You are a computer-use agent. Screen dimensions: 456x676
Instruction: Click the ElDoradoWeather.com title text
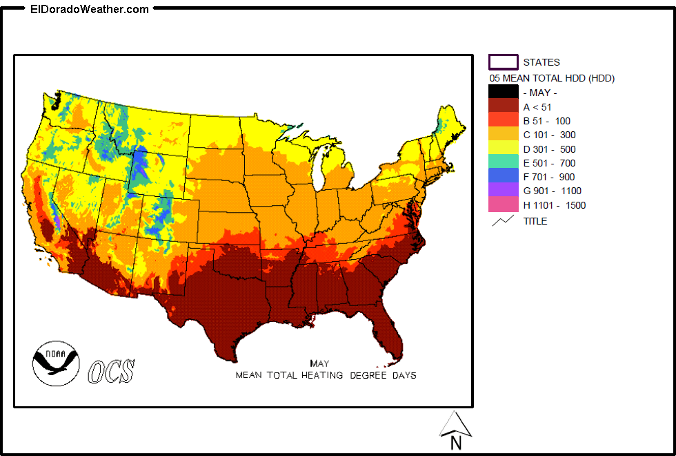90,9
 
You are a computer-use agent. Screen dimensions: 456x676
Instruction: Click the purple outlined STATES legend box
504,62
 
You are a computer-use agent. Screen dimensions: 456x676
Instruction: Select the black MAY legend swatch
504,92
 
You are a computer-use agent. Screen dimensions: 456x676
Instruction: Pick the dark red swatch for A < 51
504,106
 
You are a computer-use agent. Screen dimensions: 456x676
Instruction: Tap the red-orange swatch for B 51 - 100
504,120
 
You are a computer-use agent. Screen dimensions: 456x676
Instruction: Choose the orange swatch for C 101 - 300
504,135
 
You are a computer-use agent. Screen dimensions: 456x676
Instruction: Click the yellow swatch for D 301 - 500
504,149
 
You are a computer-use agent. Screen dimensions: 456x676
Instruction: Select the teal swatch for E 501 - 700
504,163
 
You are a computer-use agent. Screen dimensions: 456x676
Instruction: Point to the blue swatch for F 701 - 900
504,177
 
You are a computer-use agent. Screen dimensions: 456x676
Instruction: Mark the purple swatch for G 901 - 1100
504,191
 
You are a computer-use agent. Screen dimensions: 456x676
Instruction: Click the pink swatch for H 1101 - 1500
504,205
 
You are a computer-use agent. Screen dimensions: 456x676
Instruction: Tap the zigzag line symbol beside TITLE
503,221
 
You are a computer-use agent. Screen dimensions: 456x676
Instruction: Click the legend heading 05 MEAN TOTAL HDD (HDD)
552,78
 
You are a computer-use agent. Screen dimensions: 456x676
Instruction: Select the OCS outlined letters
111,371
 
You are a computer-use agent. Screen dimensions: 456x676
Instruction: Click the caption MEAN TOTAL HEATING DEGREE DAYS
326,375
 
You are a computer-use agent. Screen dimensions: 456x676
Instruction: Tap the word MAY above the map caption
319,363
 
